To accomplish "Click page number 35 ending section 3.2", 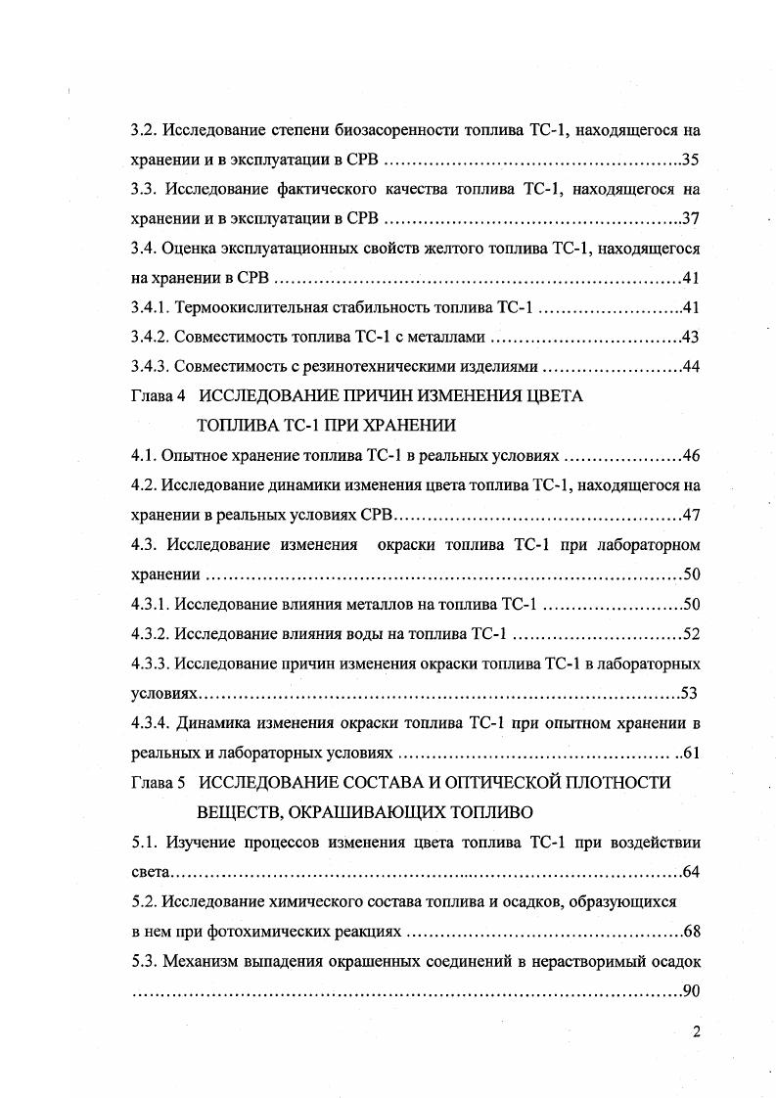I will (x=690, y=159).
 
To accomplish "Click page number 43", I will (x=690, y=338).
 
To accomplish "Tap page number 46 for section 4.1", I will (x=690, y=456).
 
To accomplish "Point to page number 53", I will (x=688, y=694).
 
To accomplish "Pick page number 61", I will (x=690, y=754).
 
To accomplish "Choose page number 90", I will (x=690, y=990).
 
